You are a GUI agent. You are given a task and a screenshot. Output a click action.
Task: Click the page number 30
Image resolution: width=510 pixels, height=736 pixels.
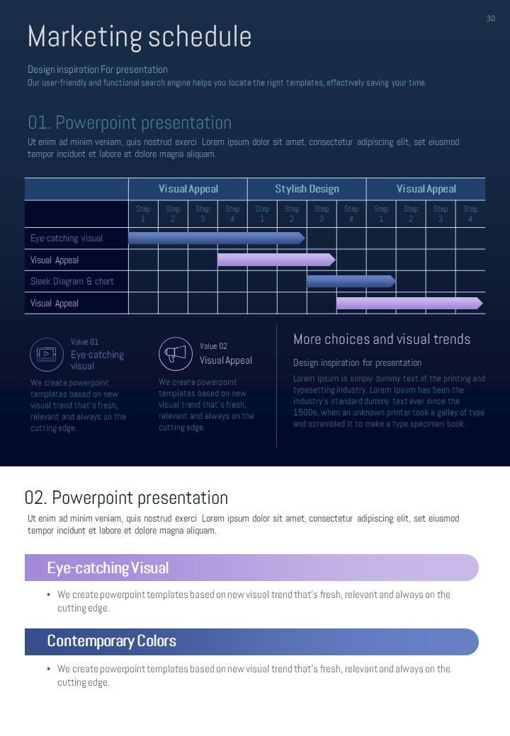coord(491,18)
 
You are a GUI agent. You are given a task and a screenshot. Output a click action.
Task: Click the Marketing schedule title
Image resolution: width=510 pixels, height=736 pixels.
coord(140,37)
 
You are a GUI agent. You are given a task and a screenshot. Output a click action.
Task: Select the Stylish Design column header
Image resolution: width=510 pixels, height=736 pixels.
coord(307,189)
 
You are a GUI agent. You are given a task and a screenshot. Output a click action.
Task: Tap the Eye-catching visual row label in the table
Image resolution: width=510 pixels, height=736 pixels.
coord(67,238)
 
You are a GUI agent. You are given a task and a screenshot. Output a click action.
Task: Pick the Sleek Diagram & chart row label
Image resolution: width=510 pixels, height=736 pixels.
coord(72,282)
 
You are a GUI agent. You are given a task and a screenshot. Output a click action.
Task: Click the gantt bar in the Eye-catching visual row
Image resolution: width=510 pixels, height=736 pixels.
coord(216,238)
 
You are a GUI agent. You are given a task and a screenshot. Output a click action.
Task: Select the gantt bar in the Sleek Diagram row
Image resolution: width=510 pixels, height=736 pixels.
coord(351,282)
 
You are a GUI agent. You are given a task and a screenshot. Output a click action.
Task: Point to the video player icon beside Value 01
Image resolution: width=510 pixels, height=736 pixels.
coord(47,355)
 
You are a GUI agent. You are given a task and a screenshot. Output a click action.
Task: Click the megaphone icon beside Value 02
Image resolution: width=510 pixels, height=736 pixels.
coord(176,354)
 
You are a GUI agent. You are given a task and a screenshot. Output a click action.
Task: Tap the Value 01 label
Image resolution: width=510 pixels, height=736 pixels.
coord(85,342)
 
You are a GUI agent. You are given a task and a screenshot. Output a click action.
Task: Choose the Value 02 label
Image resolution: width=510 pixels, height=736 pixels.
coord(213,346)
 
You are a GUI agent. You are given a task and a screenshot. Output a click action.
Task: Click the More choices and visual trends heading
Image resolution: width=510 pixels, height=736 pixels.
coord(382,340)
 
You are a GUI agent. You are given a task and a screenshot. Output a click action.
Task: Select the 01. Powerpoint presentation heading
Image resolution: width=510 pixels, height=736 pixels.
coord(130,123)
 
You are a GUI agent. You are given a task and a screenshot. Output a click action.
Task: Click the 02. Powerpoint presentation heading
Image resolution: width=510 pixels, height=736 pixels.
coord(126,498)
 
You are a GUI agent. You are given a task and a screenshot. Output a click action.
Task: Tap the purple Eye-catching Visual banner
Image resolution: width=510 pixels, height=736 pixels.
coord(251,568)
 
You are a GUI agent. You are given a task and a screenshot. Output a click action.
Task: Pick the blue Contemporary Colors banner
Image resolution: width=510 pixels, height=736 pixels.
coord(251,642)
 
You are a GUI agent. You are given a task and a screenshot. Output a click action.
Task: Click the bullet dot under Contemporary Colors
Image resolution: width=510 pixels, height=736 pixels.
coord(48,669)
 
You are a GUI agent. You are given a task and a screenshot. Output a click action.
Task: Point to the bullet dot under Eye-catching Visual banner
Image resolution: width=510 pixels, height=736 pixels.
coord(48,594)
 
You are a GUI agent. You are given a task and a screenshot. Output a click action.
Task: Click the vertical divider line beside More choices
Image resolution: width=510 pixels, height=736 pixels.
coord(276,386)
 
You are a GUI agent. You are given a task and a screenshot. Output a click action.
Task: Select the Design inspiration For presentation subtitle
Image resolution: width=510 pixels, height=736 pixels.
coord(98,69)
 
